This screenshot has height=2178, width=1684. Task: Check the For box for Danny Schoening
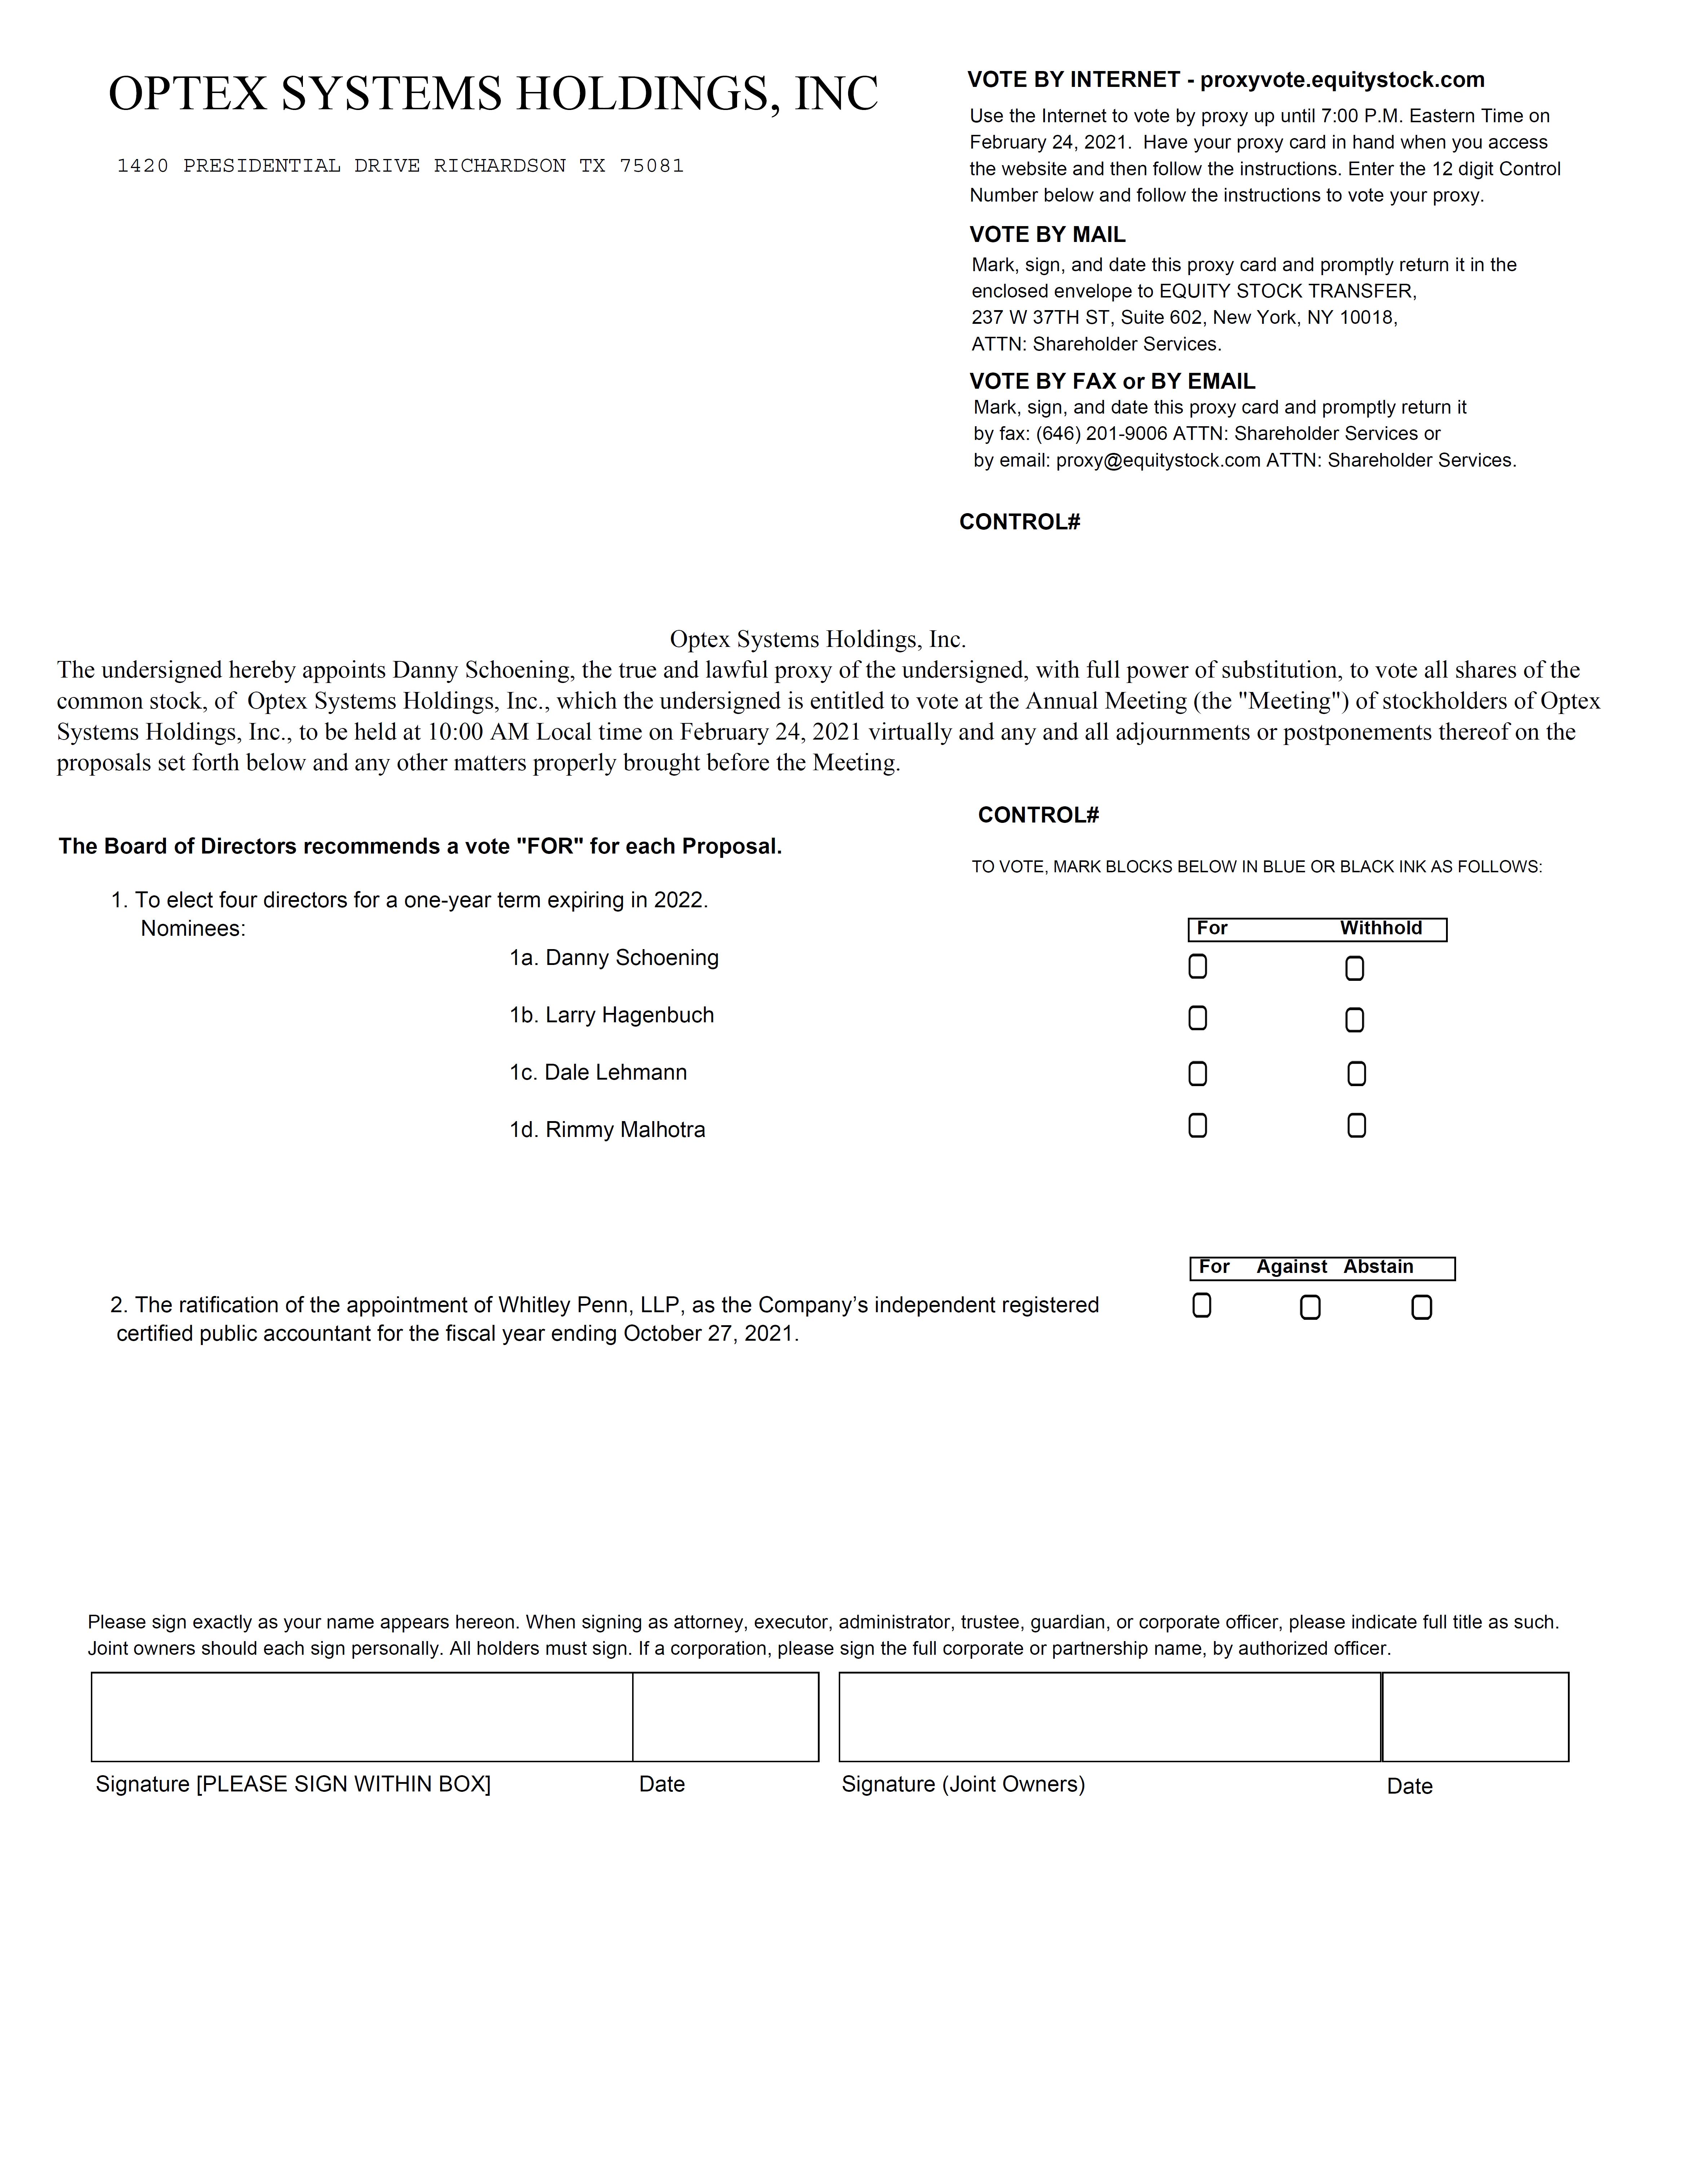1198,966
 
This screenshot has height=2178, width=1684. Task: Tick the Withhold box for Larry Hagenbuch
1354,1019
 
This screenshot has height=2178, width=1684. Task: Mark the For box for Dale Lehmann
1198,1073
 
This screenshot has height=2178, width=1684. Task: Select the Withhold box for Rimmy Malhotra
1356,1125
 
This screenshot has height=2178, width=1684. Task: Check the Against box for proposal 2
1310,1306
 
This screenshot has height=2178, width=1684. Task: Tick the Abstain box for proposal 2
1422,1306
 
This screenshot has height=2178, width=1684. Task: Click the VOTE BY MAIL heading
1047,234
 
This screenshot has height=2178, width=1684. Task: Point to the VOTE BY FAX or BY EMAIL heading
1112,381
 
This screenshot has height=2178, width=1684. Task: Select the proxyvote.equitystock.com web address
1342,80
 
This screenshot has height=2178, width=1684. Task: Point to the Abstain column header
1378,1266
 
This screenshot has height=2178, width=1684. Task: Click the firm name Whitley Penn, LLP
589,1305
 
